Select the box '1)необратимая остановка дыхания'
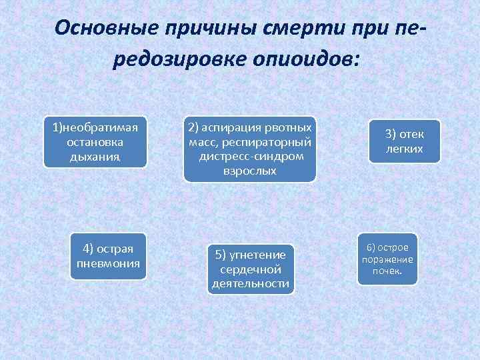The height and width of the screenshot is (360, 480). click(x=95, y=143)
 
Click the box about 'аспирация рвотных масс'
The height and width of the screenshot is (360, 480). click(x=250, y=149)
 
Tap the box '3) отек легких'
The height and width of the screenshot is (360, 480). click(x=404, y=141)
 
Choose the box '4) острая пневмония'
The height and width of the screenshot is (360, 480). click(x=108, y=256)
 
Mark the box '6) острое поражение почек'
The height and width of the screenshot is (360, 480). click(x=387, y=259)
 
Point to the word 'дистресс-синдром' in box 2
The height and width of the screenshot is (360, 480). click(x=250, y=157)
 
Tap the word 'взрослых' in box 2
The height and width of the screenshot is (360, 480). click(x=250, y=171)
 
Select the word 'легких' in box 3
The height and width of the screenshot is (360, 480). click(x=404, y=149)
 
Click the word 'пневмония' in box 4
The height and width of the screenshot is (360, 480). click(x=108, y=263)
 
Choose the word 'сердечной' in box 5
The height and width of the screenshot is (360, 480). click(x=250, y=269)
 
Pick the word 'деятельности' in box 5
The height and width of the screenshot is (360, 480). click(x=250, y=284)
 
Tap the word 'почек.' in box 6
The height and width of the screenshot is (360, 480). click(x=387, y=271)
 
